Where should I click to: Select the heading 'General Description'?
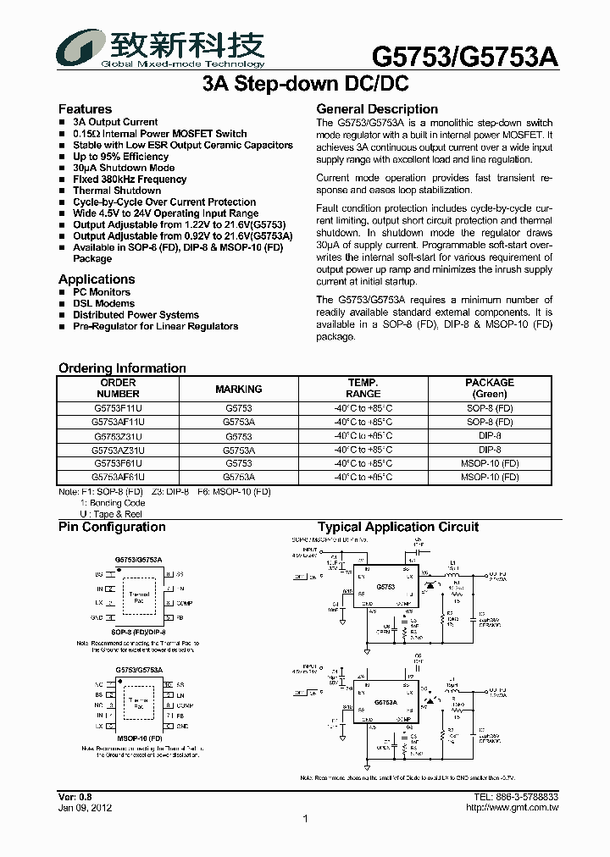coord(377,109)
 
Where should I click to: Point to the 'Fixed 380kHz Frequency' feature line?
coord(130,180)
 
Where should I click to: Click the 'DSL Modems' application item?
coord(103,303)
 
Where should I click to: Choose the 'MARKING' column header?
coord(239,389)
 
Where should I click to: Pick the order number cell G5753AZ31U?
coord(118,450)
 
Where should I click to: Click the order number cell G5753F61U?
coord(118,463)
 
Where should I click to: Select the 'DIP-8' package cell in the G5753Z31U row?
coord(490,436)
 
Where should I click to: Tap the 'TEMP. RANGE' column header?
coord(363,388)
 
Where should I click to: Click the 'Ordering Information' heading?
coord(122,368)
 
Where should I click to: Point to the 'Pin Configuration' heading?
coord(112,527)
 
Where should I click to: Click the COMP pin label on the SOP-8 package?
coord(185,603)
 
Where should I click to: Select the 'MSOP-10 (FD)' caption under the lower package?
coord(140,738)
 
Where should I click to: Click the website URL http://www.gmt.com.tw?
coord(513,808)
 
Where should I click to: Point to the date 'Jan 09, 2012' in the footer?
coord(84,808)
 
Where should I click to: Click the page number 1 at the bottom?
coord(305,819)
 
